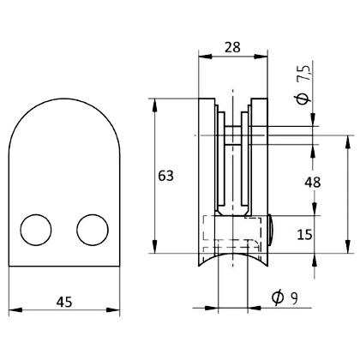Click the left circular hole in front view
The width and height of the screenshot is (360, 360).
[37, 230]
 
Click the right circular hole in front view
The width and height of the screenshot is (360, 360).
[93, 230]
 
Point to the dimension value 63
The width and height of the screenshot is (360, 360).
[166, 176]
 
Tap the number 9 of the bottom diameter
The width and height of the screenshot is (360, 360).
[294, 298]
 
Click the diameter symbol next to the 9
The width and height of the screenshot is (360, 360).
[276, 298]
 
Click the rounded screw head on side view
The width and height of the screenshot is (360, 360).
[272, 230]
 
